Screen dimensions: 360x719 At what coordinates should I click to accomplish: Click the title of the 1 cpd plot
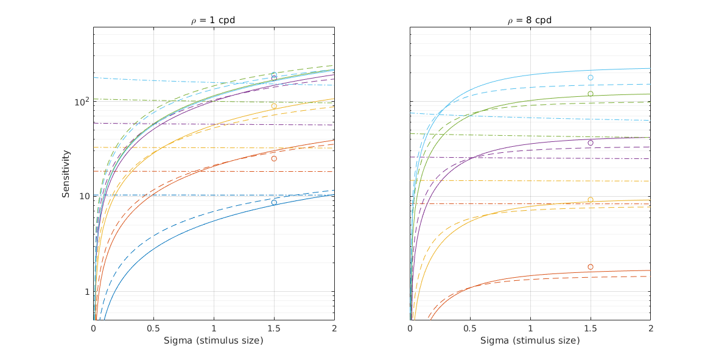[x=213, y=20]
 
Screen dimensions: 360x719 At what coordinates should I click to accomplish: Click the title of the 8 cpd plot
[x=530, y=20]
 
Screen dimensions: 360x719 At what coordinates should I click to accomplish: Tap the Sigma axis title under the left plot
[x=213, y=341]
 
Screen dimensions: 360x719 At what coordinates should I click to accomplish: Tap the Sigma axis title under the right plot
[x=530, y=341]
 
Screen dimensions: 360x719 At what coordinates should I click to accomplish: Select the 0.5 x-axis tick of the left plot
[x=153, y=328]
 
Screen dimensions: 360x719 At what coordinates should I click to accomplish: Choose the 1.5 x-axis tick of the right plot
[x=591, y=328]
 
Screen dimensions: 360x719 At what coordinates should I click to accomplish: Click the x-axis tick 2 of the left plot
[x=334, y=328]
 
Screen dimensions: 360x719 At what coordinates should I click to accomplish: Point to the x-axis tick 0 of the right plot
[x=410, y=328]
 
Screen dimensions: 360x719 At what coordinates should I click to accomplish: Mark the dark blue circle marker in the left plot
[x=274, y=202]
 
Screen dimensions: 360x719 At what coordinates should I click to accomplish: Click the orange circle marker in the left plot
[x=274, y=158]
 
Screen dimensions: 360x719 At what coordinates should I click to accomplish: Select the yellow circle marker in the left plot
[x=274, y=106]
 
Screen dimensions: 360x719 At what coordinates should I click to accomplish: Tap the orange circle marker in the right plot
[x=591, y=267]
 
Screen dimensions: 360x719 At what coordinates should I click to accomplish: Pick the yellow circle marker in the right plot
[x=591, y=200]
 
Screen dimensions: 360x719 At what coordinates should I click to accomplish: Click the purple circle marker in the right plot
[x=591, y=143]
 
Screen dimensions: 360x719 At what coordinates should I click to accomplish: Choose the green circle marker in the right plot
[x=591, y=94]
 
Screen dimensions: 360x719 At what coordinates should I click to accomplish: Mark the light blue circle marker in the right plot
[x=591, y=77]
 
